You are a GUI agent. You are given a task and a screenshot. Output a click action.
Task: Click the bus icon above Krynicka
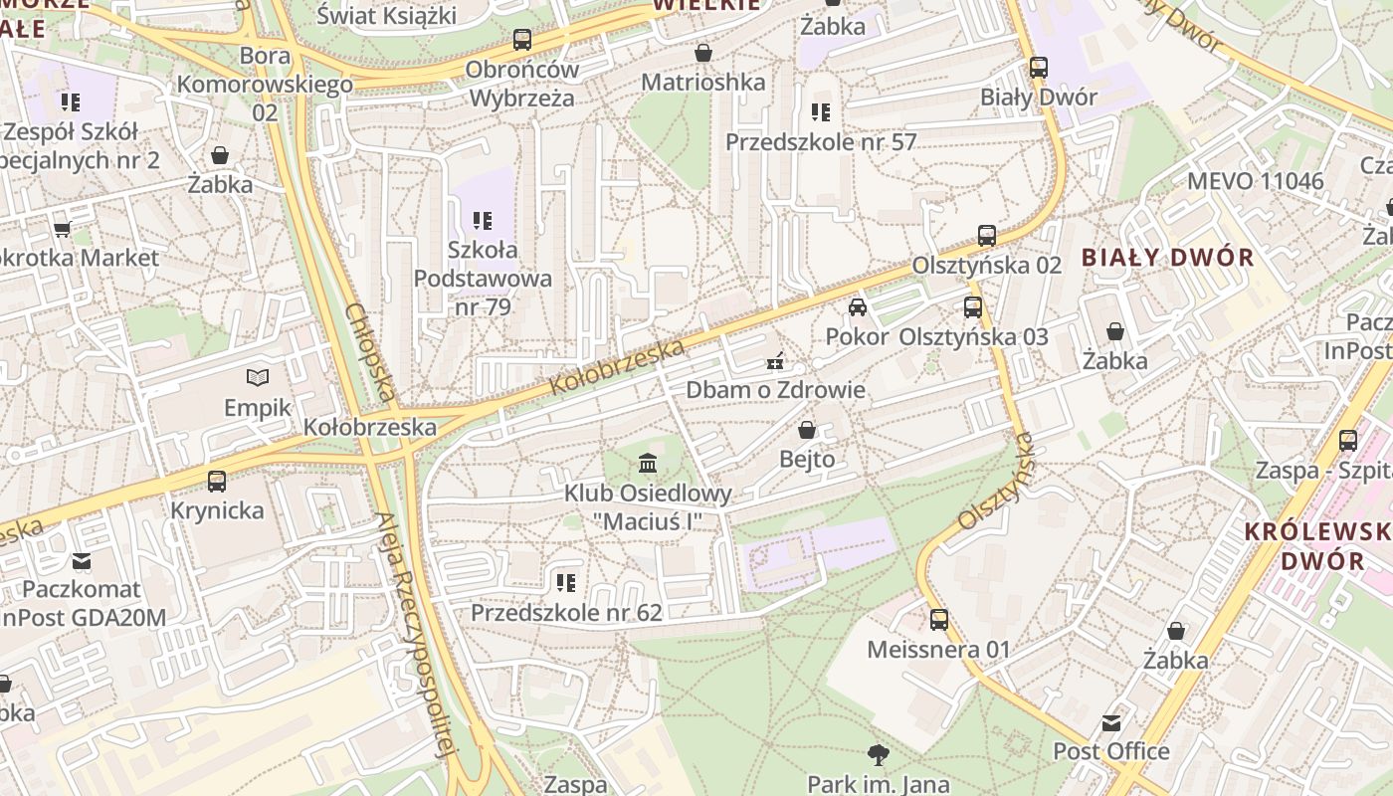click(217, 482)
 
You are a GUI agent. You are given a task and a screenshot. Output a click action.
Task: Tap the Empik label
click(258, 408)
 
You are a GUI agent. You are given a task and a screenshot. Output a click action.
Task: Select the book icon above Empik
click(258, 377)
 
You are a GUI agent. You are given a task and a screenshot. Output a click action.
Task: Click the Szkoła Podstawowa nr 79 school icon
click(483, 220)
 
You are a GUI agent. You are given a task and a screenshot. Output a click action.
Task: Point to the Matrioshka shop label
click(703, 83)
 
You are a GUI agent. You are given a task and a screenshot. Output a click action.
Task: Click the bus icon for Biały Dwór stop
click(1039, 68)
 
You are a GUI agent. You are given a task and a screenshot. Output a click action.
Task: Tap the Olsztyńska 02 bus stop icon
click(987, 236)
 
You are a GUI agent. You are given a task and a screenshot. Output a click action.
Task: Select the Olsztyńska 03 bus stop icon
click(973, 307)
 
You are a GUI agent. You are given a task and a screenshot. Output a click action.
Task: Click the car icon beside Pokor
click(858, 307)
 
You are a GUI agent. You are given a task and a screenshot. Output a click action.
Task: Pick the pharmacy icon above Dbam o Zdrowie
click(776, 361)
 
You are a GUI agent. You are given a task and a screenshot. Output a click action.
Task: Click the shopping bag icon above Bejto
click(807, 430)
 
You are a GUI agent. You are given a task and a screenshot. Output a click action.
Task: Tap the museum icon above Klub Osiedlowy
click(648, 463)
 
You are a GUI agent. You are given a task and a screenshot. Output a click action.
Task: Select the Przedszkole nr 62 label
click(566, 613)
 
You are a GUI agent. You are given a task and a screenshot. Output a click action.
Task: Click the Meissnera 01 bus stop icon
click(939, 621)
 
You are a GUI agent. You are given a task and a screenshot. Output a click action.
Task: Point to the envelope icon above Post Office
click(1111, 722)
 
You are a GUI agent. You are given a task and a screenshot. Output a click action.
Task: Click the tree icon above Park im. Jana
click(878, 755)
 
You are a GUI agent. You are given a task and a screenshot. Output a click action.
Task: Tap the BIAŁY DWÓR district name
click(1168, 258)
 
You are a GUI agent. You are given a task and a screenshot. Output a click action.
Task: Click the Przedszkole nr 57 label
click(821, 142)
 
